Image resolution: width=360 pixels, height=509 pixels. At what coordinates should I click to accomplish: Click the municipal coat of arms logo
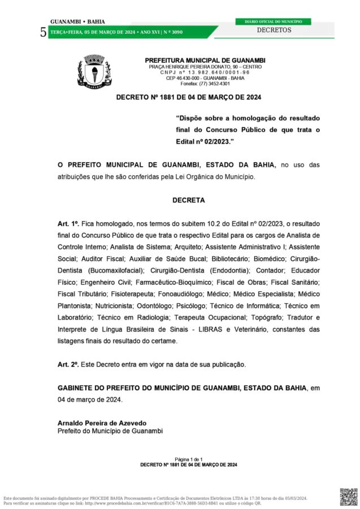[x=94, y=72]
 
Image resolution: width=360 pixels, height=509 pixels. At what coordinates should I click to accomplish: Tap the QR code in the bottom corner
[x=348, y=496]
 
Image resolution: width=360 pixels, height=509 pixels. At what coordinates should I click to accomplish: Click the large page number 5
[x=44, y=32]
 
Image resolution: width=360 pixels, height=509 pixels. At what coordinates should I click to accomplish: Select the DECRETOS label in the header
[x=274, y=30]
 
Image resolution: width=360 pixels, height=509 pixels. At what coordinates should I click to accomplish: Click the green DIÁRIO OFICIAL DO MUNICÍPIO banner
[x=273, y=21]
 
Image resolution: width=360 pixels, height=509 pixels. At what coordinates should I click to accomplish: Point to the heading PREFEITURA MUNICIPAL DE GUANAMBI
[x=205, y=61]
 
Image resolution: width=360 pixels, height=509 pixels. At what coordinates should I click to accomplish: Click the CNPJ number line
[x=205, y=72]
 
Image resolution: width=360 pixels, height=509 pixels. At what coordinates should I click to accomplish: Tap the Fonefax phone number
[x=205, y=84]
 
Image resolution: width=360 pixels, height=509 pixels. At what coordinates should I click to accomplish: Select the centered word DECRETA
[x=189, y=200]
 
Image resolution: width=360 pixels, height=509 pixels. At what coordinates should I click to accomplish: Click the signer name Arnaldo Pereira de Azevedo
[x=102, y=423]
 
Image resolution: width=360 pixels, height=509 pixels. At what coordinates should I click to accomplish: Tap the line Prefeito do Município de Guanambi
[x=110, y=431]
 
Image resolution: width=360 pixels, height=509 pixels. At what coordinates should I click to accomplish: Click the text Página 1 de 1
[x=189, y=459]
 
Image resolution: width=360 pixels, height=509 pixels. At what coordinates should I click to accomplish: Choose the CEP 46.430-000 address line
[x=205, y=78]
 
